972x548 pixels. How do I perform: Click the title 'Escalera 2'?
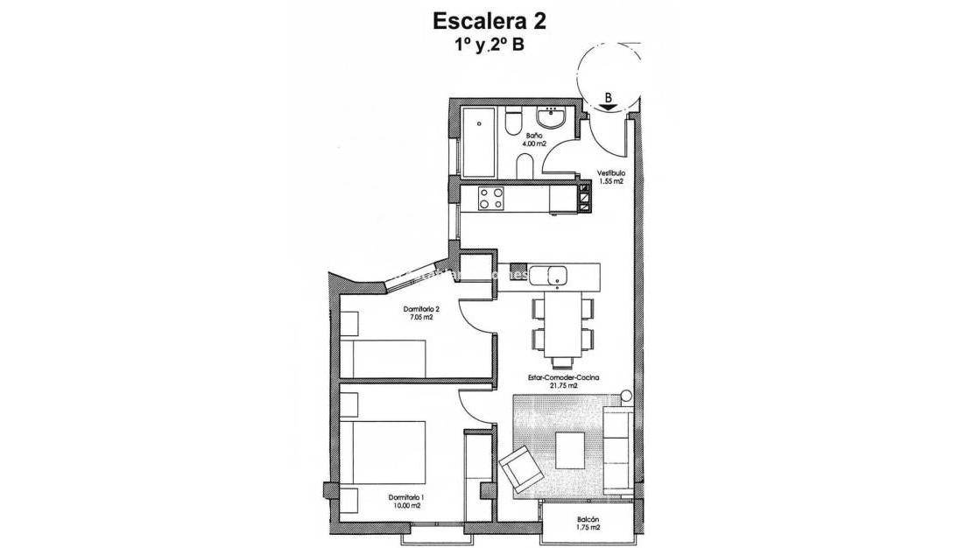pos(485,20)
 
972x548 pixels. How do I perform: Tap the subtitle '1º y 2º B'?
pos(485,46)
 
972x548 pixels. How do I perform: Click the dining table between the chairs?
pos(560,328)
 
